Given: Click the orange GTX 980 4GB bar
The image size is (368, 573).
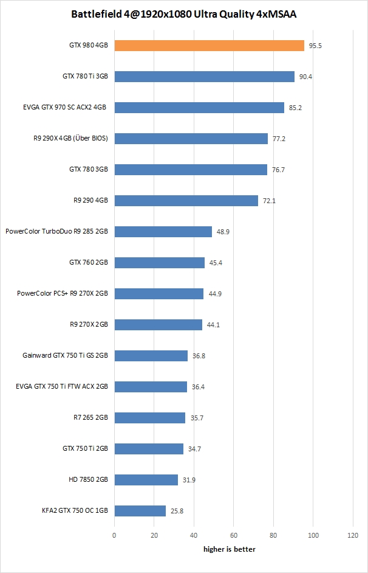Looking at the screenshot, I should (209, 46).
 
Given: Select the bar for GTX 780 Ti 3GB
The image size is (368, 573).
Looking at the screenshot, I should (204, 77).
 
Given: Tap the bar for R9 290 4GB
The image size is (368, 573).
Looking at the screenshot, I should (186, 200).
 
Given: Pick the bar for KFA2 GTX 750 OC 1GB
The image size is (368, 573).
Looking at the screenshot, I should (140, 510).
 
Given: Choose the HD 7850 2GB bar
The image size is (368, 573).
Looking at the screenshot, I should (146, 479).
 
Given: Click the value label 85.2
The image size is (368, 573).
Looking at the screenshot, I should (296, 108).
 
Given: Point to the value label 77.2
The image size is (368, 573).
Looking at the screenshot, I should (279, 139).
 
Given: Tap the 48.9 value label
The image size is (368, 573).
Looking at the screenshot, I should (223, 232).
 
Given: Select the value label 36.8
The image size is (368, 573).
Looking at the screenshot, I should (199, 356).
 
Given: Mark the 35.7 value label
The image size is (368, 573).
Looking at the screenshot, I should (197, 418).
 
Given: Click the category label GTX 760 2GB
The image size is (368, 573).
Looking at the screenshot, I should (89, 262).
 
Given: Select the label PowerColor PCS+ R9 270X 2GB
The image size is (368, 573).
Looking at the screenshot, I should (63, 293).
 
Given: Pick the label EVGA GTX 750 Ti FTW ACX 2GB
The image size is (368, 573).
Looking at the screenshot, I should (62, 386).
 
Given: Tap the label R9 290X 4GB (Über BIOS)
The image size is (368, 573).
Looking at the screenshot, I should (71, 138).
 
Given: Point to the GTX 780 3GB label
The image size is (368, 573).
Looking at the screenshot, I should (89, 169).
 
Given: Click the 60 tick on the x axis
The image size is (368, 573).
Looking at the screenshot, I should (234, 535).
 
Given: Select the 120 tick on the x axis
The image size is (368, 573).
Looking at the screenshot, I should (353, 535).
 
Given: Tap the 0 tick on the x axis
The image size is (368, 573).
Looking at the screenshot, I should (114, 535).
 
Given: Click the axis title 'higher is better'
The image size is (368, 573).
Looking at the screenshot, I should (229, 549).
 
